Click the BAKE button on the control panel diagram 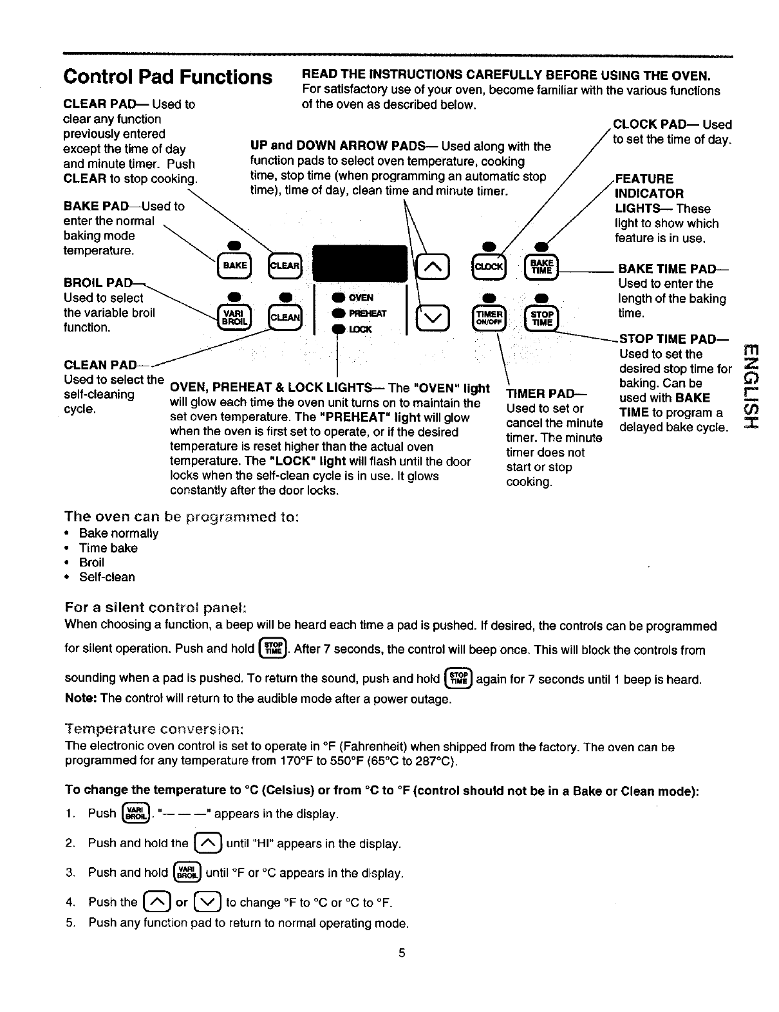pos(234,265)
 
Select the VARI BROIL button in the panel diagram pos(234,317)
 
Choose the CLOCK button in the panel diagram pos(490,266)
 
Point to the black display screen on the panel pos(360,263)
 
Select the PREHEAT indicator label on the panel pos(367,314)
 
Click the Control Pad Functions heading pos(167,77)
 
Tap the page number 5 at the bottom pos(402,953)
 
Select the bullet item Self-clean pos(107,577)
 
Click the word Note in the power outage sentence pos(79,698)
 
